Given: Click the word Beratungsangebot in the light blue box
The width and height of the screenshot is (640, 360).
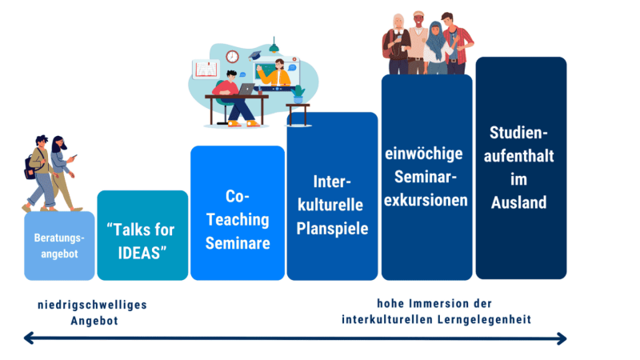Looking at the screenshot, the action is tap(59, 246).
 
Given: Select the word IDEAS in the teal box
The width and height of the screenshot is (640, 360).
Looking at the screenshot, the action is tap(139, 253).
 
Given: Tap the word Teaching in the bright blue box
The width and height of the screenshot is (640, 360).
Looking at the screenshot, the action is tap(238, 219).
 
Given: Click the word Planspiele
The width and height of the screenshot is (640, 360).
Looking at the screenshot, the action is tap(332, 229).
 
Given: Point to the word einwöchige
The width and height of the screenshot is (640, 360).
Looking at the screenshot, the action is tap(424, 154).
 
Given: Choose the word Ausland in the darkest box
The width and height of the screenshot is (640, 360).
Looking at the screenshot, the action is tap(518, 202).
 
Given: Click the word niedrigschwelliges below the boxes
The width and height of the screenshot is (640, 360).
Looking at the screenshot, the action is tap(92, 305).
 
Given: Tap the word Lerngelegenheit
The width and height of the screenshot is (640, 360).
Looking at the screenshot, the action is tap(484, 319).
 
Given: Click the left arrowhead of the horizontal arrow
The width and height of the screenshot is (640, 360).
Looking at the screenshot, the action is tap(29, 338).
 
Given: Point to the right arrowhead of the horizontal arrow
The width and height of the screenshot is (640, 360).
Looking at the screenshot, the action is tap(562, 338).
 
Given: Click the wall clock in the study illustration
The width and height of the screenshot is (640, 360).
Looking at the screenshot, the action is tap(232, 56).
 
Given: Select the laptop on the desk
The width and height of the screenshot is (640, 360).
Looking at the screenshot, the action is tap(246, 89).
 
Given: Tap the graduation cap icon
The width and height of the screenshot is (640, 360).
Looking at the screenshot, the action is tap(254, 55).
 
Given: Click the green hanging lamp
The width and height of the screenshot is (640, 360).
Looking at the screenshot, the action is tap(274, 46).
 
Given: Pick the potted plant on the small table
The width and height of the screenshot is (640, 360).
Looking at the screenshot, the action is tap(298, 94).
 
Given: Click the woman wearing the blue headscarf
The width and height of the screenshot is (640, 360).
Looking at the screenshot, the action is tap(437, 48).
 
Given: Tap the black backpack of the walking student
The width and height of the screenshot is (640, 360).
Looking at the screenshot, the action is tap(30, 167).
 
